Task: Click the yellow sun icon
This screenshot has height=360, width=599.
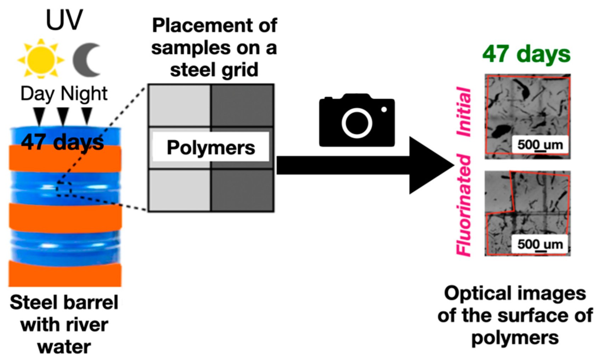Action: pyautogui.click(x=41, y=59)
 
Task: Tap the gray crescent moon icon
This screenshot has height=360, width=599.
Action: pyautogui.click(x=85, y=60)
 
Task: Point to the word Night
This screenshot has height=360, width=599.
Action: pyautogui.click(x=84, y=94)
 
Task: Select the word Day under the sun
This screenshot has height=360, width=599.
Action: pyautogui.click(x=38, y=94)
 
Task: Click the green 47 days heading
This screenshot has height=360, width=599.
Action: pyautogui.click(x=526, y=54)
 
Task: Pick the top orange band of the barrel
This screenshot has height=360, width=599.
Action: pyautogui.click(x=65, y=159)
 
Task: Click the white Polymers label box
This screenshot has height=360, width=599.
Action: pyautogui.click(x=211, y=147)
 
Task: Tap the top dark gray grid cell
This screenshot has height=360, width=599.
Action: pyautogui.click(x=242, y=105)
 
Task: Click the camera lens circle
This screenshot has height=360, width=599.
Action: pyautogui.click(x=356, y=123)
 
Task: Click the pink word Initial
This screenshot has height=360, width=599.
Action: pyautogui.click(x=464, y=112)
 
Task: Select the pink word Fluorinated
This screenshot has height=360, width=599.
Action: pyautogui.click(x=464, y=205)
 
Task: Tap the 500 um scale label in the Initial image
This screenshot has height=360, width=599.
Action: pyautogui.click(x=540, y=145)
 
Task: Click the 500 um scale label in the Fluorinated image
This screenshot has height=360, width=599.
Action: pyautogui.click(x=540, y=244)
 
